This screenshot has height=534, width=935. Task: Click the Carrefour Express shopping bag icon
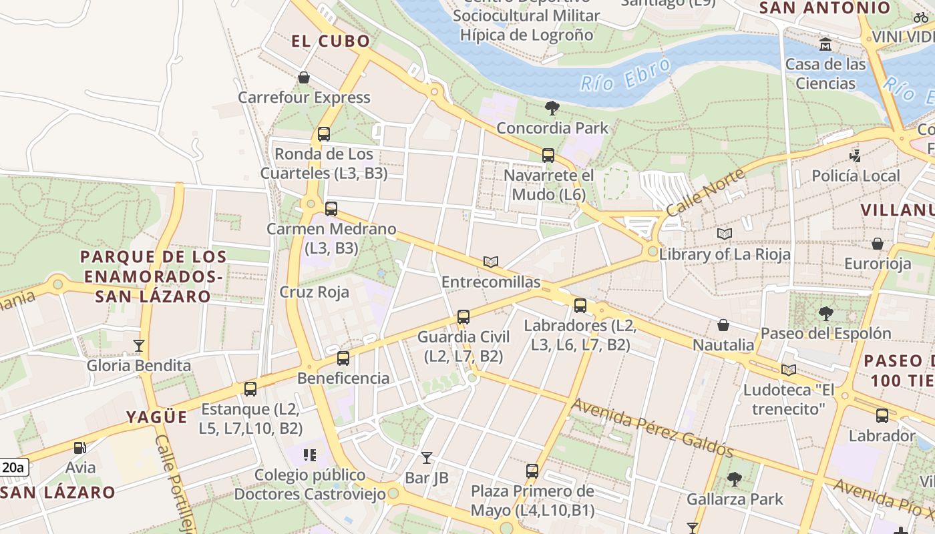coord(304,78)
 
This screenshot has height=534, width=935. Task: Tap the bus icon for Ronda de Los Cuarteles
coord(324,134)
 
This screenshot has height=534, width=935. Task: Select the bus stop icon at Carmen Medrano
coord(331,209)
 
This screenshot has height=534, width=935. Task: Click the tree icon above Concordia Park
coord(552,108)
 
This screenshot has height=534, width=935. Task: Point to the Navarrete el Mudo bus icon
coord(548,156)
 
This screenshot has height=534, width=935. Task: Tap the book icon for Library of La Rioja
coord(725,234)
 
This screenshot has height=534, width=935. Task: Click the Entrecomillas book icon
coord(491,262)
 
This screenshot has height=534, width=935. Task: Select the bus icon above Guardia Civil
coord(463,317)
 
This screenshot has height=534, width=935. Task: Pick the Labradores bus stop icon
coord(580,306)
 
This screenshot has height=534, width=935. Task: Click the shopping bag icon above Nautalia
coord(723,325)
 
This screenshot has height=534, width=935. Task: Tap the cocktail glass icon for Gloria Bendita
coord(139,346)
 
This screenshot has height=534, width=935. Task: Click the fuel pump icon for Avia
coord(80,448)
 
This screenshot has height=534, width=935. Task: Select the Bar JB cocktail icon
coord(427,458)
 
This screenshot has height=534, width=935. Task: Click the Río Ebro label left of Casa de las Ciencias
coord(625,73)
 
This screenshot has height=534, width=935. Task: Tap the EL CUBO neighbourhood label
coord(331,41)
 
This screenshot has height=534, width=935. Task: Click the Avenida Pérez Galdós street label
coord(652,429)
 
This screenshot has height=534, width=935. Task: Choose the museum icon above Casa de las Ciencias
coord(825,45)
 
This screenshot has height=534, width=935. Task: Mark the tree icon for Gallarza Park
coord(735,479)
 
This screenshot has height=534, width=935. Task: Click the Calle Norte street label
coord(705,192)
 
